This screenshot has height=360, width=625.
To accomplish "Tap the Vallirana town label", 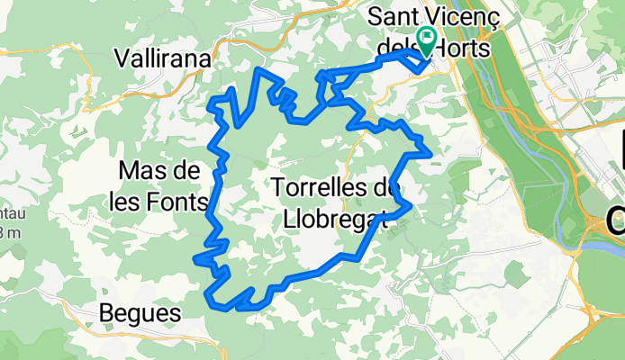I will click(x=163, y=58).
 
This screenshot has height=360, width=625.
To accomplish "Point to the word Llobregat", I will click(x=334, y=218).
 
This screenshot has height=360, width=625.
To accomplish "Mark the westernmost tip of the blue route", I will click(x=195, y=259).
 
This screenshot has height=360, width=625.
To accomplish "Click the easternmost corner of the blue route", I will click(x=431, y=154).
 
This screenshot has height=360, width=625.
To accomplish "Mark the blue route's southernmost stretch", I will click(x=249, y=308).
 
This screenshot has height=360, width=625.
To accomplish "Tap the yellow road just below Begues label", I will click(x=135, y=335).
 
